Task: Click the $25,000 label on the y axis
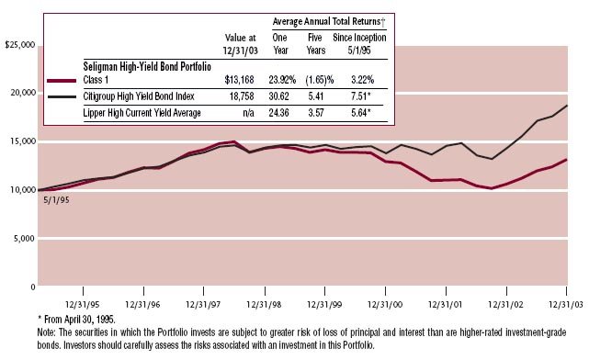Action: coord(20,45)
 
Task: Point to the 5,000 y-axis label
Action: coord(24,239)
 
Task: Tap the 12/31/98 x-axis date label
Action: coord(264,305)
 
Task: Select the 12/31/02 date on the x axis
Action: coord(505,305)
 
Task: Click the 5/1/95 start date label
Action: coord(56,200)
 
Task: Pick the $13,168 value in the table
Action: coord(239,80)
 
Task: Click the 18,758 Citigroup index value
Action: coord(242,96)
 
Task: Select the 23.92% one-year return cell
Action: coord(282,80)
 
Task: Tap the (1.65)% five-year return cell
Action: coord(319,80)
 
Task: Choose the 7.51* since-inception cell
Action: coord(360,96)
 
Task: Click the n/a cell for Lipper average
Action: coord(248,113)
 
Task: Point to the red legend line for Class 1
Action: coord(62,80)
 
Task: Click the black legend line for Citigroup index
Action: coord(62,96)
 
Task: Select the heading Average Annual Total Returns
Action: coord(329,21)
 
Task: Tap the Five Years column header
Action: coord(315,44)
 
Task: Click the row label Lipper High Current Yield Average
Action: coord(142,113)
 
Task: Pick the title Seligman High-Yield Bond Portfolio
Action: coord(147,67)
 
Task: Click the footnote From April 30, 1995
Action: coord(76,320)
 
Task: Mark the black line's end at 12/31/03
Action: coord(567,106)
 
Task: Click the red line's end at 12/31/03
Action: coord(566,160)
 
